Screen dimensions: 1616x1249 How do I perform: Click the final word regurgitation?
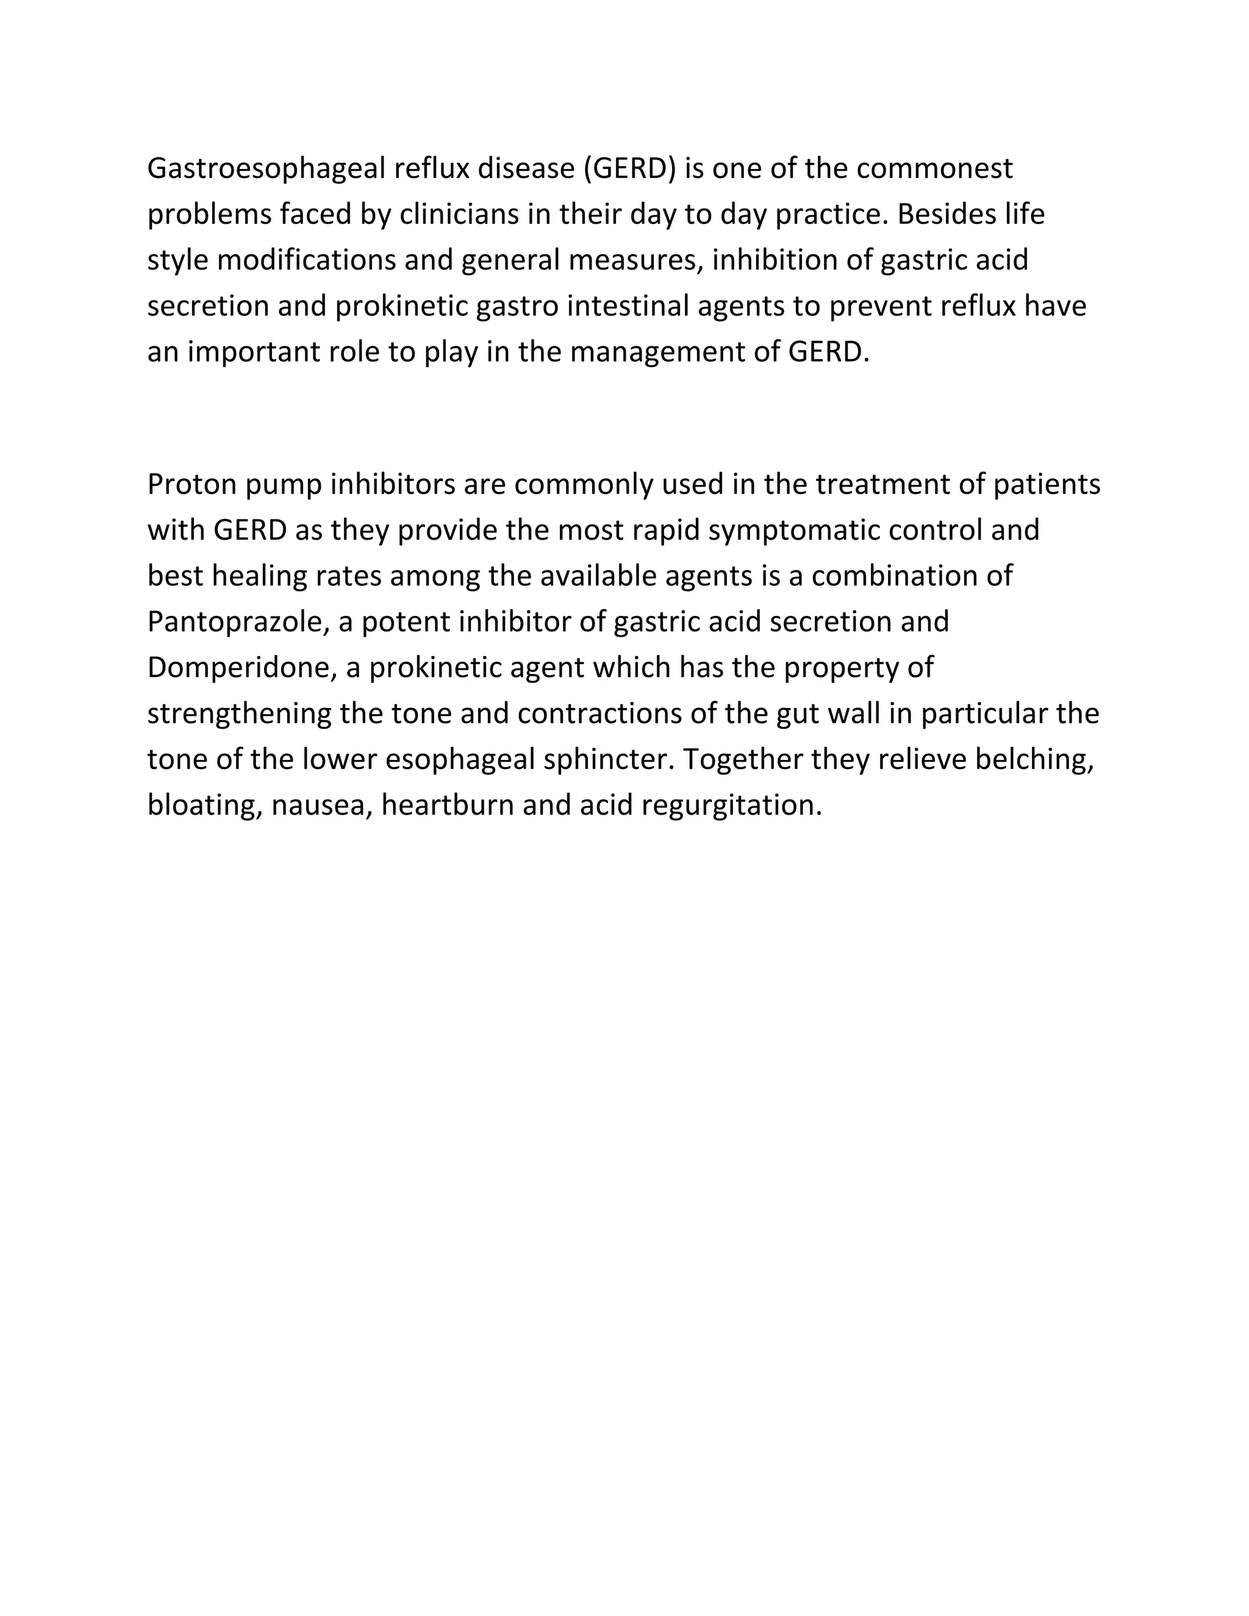point(732,806)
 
